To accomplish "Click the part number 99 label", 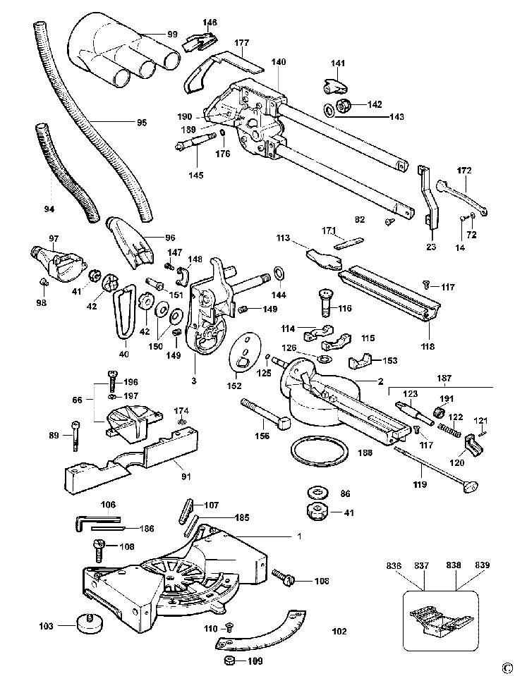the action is coord(172,34).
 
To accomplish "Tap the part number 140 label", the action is coord(279,62).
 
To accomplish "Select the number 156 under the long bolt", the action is coord(262,436).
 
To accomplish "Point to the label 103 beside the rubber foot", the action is coord(46,625).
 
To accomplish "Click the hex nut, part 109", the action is coord(230,660).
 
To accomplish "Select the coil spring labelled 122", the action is coord(450,429).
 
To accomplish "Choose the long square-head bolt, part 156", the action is coord(267,414).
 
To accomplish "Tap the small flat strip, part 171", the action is coord(349,242).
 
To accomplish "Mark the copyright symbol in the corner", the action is coord(508,670).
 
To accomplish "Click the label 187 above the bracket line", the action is coord(444,378).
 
